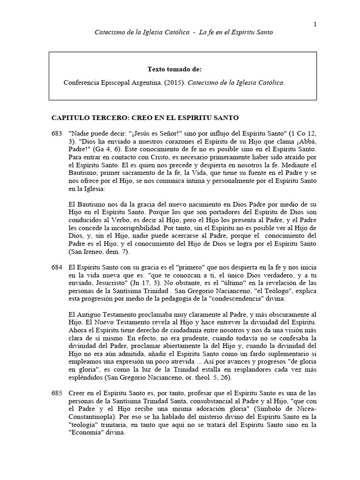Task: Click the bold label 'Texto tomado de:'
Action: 174,69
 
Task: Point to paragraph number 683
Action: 56,134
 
